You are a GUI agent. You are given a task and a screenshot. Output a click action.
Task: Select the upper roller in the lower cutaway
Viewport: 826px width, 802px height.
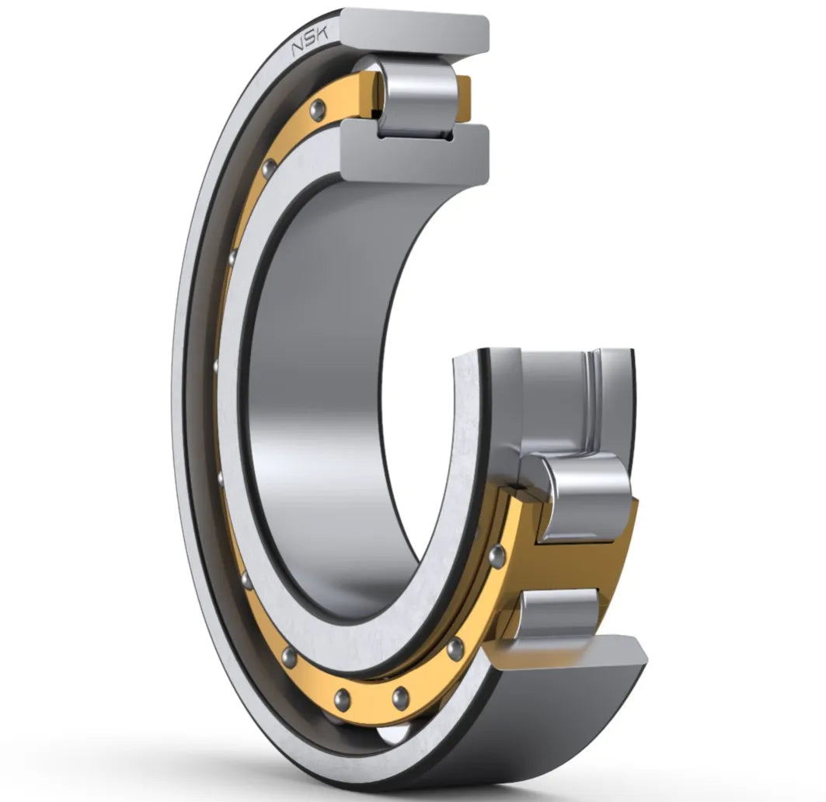[x=584, y=497]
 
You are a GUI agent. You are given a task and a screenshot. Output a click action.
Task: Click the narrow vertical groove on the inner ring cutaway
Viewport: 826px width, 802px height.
[x=595, y=404]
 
